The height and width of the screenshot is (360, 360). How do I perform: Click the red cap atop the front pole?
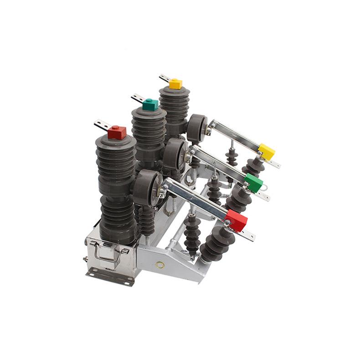click(117, 133)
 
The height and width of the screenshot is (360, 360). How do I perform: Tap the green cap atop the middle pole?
click(150, 104)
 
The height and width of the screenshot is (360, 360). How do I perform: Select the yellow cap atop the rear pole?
click(175, 84)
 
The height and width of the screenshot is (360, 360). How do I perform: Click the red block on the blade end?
click(237, 221)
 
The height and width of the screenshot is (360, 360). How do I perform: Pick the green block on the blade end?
click(253, 182)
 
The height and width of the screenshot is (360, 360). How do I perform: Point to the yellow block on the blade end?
click(267, 152)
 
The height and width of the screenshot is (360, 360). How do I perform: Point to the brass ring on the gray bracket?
click(159, 264)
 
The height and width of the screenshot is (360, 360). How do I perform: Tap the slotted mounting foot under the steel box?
click(104, 276)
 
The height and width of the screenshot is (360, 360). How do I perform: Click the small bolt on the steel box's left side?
click(85, 259)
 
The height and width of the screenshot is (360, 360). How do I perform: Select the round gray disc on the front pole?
click(147, 187)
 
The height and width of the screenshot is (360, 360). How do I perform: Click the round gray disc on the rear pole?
click(197, 127)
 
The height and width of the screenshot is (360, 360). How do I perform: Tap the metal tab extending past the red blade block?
click(247, 235)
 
